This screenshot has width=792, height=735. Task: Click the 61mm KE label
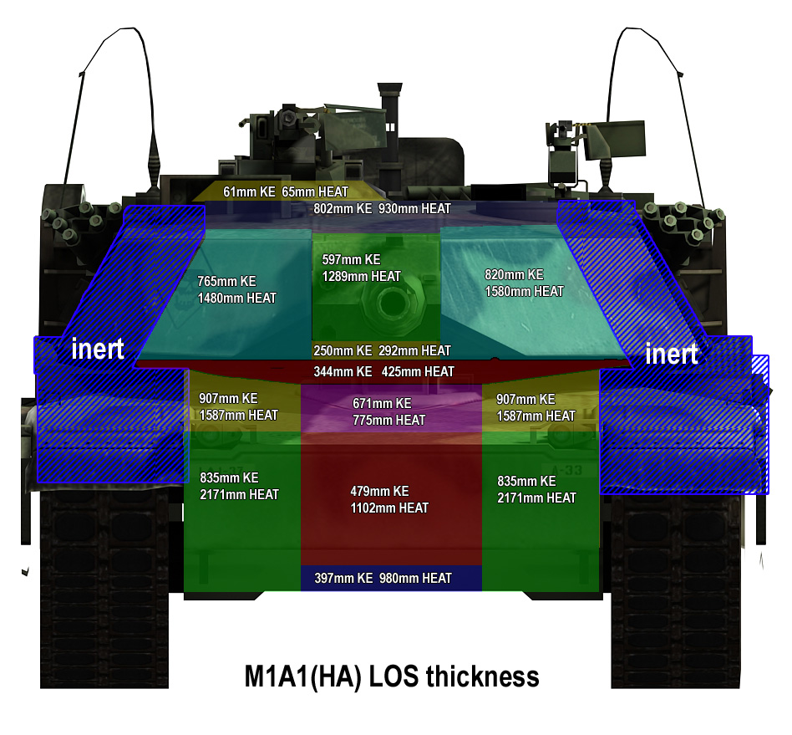(x=249, y=192)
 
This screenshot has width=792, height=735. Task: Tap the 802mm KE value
(x=343, y=209)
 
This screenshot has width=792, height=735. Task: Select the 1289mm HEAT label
(x=361, y=277)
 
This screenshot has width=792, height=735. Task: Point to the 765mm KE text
(x=226, y=282)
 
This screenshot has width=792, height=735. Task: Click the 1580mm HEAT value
(x=524, y=292)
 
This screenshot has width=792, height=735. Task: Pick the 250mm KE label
(x=343, y=351)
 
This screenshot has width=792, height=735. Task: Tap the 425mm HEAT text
(x=418, y=372)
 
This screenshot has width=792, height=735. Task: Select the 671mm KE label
(x=382, y=403)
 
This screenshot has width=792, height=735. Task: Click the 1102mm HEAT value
(x=389, y=508)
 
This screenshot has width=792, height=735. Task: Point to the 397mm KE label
(x=343, y=579)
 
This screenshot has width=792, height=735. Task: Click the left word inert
(x=98, y=349)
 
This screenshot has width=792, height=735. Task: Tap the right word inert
(x=672, y=354)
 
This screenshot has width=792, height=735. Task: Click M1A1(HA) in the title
(x=302, y=676)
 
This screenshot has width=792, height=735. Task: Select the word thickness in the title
(x=482, y=676)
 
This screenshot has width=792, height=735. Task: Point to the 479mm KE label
(x=379, y=492)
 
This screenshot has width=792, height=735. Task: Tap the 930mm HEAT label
(x=414, y=209)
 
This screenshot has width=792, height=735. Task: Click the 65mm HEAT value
(x=315, y=192)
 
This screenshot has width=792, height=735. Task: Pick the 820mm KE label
(x=514, y=275)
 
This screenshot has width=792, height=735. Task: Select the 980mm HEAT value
(x=415, y=579)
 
